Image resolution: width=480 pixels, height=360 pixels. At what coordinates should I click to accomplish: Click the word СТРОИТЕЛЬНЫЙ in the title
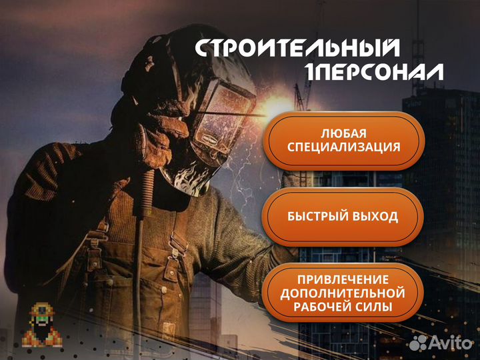tap(298, 49)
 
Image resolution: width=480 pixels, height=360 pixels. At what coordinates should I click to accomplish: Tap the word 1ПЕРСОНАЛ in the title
tap(373, 72)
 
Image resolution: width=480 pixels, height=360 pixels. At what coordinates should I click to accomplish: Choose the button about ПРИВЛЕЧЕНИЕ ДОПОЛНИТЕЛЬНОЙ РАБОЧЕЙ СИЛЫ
tap(343, 293)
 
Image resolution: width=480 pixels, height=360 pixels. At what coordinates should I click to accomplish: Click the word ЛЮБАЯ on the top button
tap(343, 132)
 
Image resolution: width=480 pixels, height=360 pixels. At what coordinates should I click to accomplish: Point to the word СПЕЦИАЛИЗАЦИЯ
tap(343, 147)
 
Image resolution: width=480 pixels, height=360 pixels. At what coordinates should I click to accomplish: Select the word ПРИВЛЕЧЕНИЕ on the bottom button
tap(343, 279)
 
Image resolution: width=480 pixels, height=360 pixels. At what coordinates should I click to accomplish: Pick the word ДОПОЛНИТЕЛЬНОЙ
tap(343, 293)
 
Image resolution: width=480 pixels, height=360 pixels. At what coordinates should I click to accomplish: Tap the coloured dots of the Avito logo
tap(418, 343)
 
